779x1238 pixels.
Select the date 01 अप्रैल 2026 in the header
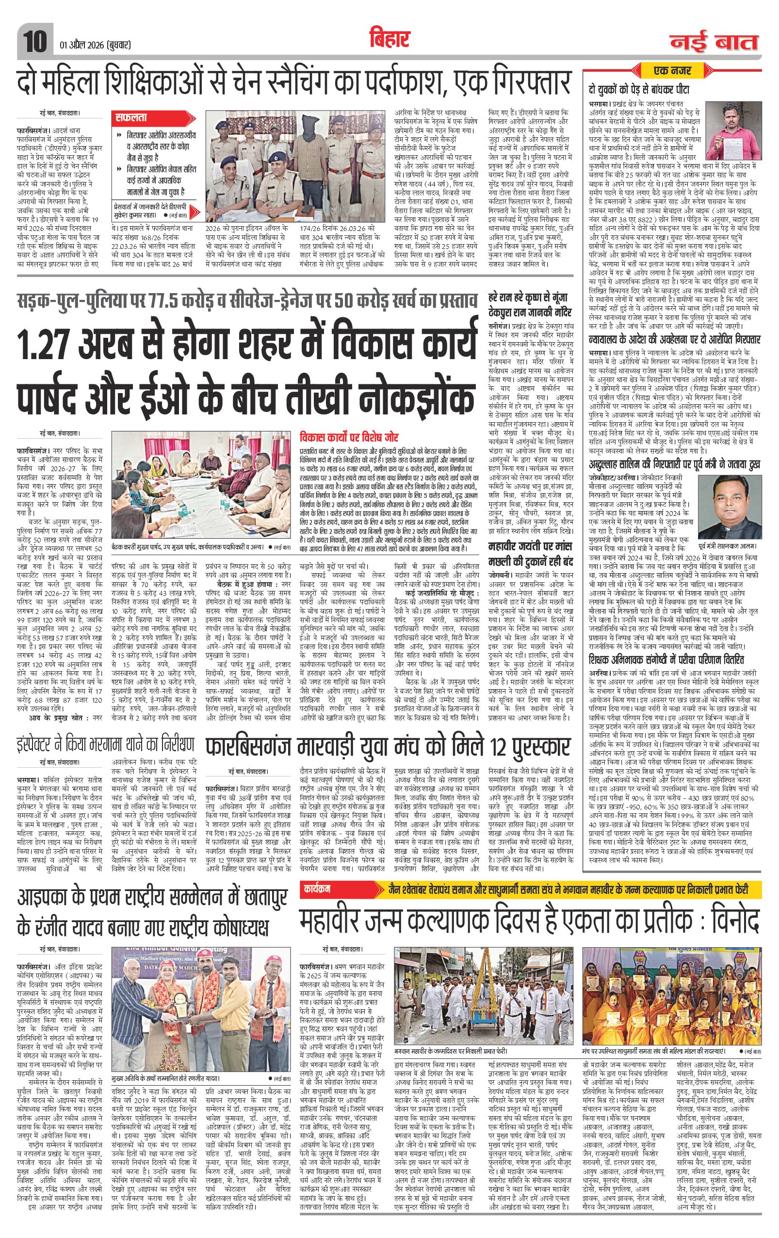tap(79, 45)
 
